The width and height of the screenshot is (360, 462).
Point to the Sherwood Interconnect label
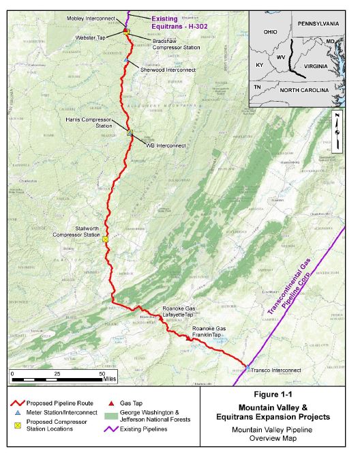pos(168,69)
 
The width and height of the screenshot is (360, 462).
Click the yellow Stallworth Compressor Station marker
pos(105,240)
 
